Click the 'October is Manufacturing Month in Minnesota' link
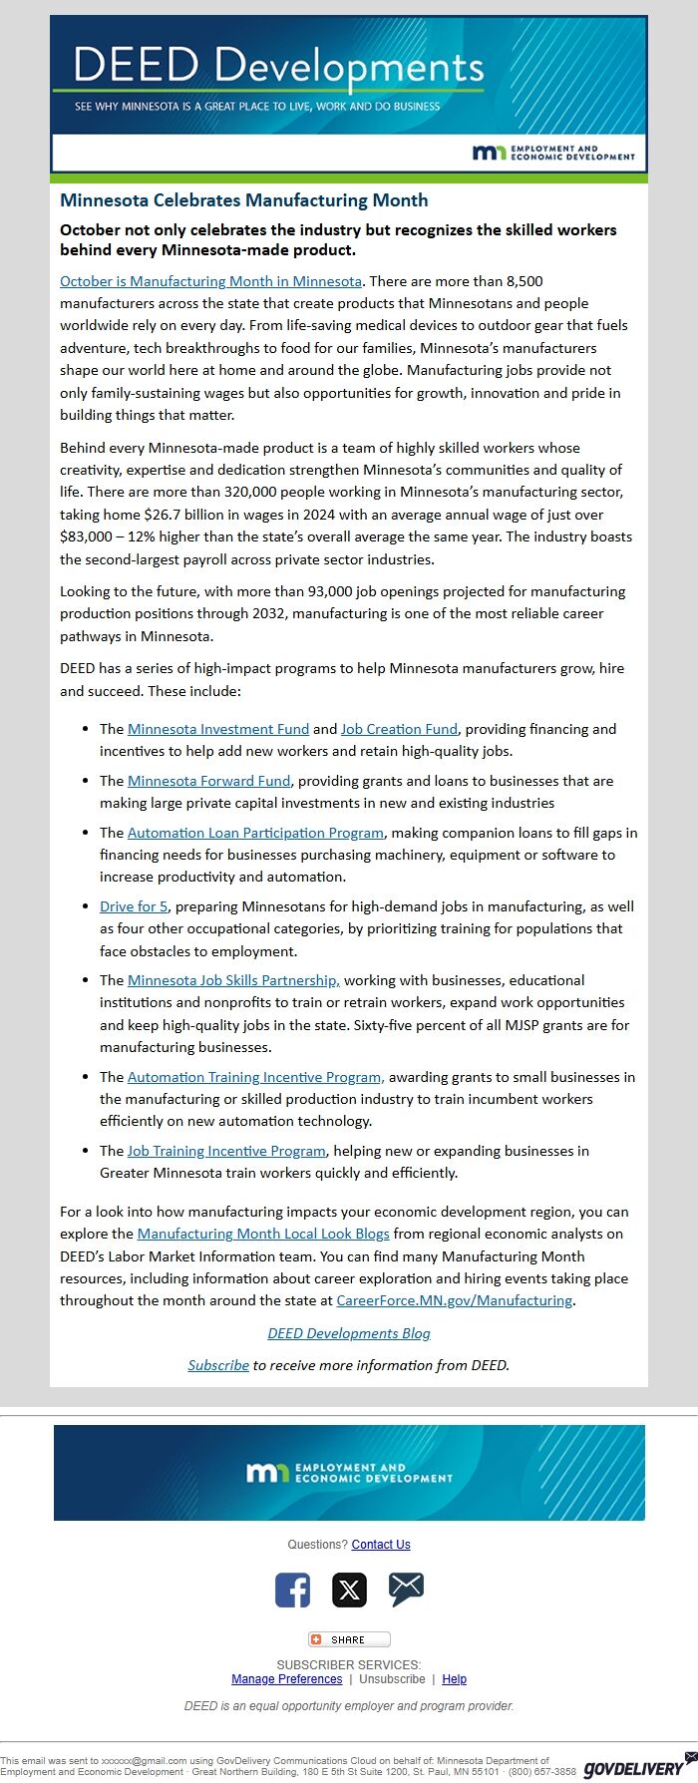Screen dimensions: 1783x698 210,281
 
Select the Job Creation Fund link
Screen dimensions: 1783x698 399,729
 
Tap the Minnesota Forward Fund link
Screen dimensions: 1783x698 208,781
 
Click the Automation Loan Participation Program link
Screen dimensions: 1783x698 255,833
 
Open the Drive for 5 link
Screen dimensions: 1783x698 134,906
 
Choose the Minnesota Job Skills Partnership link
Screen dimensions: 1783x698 233,980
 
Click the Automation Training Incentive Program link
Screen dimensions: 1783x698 255,1077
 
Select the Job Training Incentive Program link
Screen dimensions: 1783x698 226,1151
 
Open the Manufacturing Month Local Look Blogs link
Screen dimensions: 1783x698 263,1234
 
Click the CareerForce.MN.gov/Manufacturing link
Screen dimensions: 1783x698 454,1300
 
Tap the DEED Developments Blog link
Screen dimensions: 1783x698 349,1333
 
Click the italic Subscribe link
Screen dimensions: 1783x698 218,1365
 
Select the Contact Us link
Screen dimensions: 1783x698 381,1545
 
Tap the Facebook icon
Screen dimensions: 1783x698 292,1590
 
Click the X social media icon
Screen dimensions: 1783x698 349,1590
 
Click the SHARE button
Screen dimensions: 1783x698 349,1639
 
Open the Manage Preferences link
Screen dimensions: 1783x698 286,1679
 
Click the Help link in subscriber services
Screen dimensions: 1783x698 454,1679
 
